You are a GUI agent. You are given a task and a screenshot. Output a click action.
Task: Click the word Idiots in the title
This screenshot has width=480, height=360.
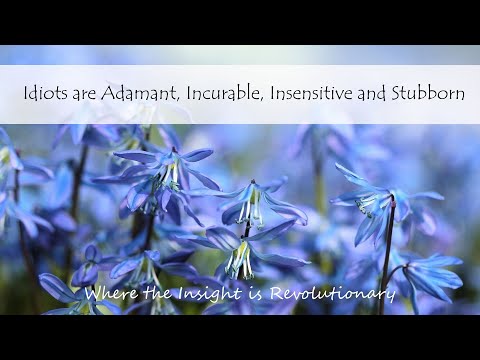point(44,93)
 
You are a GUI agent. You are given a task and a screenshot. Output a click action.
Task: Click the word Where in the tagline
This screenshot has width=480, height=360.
point(107,293)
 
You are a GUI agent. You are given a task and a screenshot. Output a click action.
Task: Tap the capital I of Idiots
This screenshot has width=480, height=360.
point(26,93)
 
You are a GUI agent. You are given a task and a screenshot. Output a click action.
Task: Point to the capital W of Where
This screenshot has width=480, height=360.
point(93,292)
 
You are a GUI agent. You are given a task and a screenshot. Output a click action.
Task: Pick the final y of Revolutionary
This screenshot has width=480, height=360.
point(391,296)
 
